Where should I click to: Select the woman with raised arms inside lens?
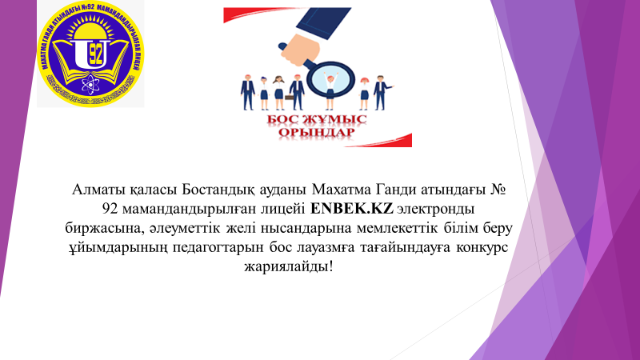327,78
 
